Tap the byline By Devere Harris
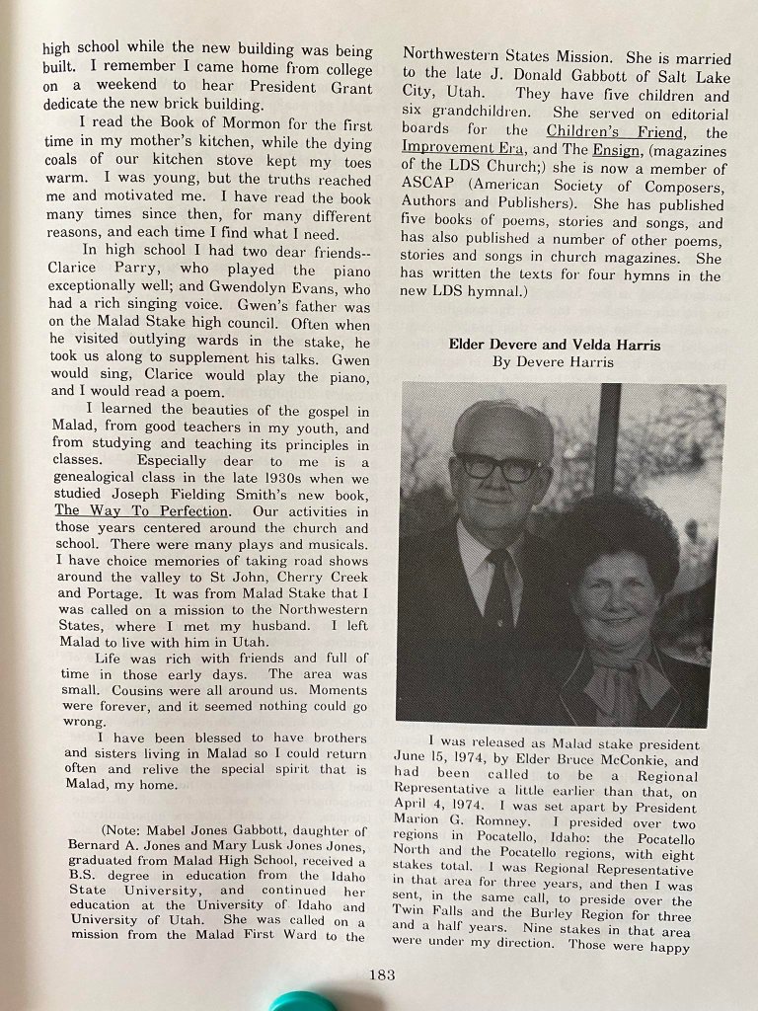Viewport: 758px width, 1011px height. click(554, 362)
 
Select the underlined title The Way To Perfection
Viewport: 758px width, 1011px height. click(142, 511)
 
